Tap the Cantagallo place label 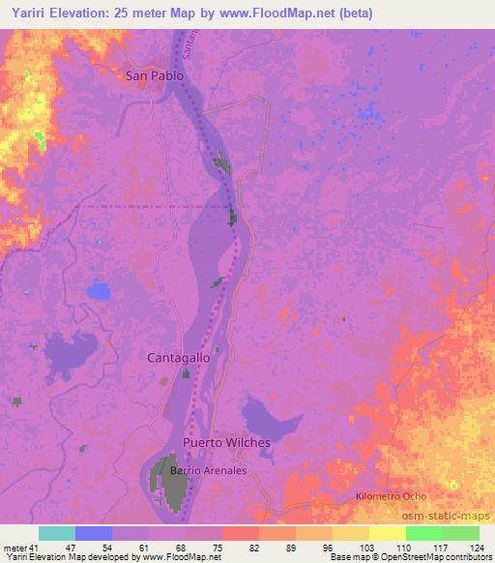(x=178, y=357)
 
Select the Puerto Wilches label (x=227, y=442)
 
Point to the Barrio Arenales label (x=208, y=471)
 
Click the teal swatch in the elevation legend (x=57, y=533)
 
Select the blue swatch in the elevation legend (x=94, y=533)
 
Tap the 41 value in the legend (x=39, y=548)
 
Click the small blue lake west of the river (x=98, y=289)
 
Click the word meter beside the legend (x=15, y=548)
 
